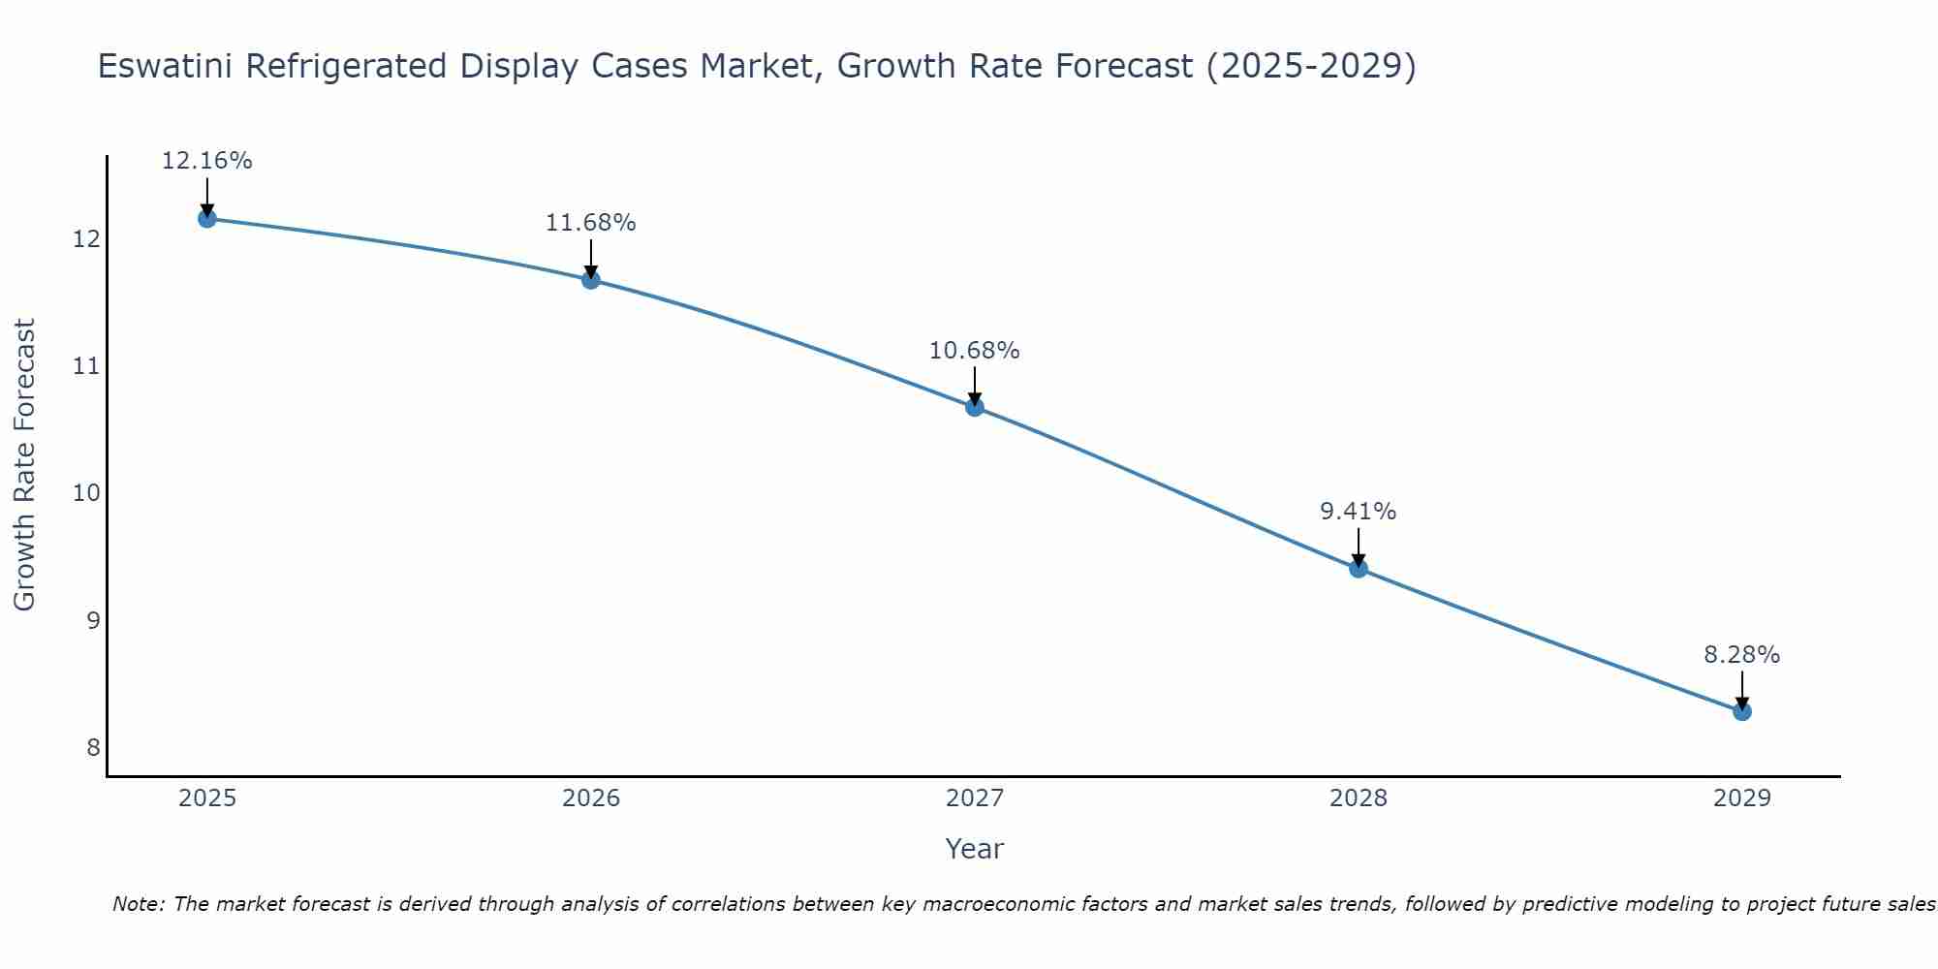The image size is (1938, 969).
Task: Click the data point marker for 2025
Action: point(206,219)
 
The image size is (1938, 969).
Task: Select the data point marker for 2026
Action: point(591,280)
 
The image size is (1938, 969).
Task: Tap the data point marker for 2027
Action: point(975,407)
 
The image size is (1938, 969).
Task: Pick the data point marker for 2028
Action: point(1359,568)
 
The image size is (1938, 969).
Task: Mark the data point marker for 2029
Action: point(1742,711)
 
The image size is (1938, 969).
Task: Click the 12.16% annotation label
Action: point(206,161)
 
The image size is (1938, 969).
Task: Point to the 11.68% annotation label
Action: point(591,223)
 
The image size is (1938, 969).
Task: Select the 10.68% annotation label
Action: point(975,351)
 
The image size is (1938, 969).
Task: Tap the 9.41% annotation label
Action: point(1359,512)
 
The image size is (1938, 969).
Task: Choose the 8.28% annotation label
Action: point(1742,655)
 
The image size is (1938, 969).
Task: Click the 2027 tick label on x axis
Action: point(975,798)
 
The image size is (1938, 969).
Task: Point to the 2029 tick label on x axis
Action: point(1742,798)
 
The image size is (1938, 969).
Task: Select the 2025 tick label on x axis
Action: point(207,798)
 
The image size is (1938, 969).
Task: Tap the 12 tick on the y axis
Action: point(87,239)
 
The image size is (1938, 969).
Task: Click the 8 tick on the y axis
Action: point(93,747)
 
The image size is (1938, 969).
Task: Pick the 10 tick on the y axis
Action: point(87,493)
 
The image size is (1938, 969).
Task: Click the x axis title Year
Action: point(975,849)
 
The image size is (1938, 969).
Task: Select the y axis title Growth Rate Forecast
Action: point(25,465)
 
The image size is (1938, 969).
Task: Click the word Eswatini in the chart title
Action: point(166,67)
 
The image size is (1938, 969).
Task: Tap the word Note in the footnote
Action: point(139,904)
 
